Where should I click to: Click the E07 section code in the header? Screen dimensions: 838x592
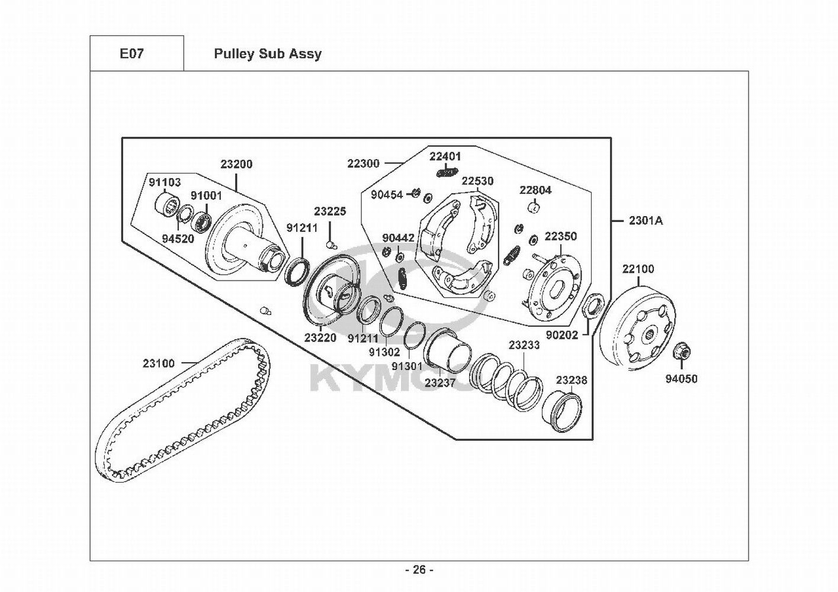(x=131, y=54)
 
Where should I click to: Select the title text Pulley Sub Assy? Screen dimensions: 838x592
(x=268, y=54)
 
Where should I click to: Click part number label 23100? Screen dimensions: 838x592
(x=159, y=363)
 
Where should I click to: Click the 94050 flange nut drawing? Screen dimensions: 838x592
(x=681, y=351)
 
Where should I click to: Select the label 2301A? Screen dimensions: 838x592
(x=646, y=221)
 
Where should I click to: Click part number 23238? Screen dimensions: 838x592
(x=571, y=380)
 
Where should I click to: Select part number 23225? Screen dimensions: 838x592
(x=330, y=211)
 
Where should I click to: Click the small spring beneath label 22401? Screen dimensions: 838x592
(x=448, y=172)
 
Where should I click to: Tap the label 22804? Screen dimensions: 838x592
(x=535, y=190)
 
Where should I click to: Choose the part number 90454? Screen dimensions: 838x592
(x=387, y=195)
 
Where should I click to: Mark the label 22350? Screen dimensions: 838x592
(x=560, y=236)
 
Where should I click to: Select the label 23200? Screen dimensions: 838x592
(x=236, y=164)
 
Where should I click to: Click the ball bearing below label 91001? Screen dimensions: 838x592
(x=201, y=221)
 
